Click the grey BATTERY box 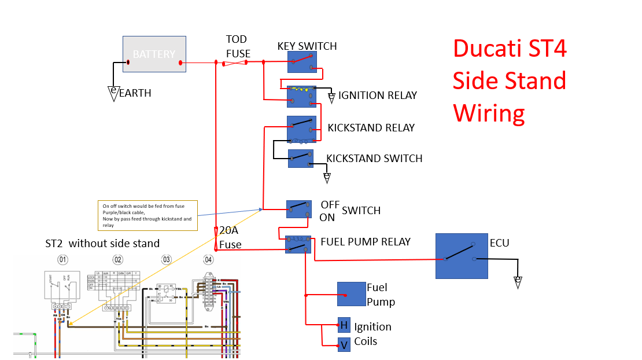154,54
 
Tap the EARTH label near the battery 135,93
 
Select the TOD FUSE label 238,46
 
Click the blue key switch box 302,62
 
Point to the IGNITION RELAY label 378,95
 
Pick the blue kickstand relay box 301,128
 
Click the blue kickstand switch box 301,159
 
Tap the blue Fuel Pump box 352,294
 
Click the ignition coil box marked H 344,325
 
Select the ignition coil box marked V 344,344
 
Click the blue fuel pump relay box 298,244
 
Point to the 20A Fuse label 230,237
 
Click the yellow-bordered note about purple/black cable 148,215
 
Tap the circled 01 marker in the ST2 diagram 62,259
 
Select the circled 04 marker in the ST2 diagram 208,259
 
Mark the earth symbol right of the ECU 518,282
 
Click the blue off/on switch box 299,209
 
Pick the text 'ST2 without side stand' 102,243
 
